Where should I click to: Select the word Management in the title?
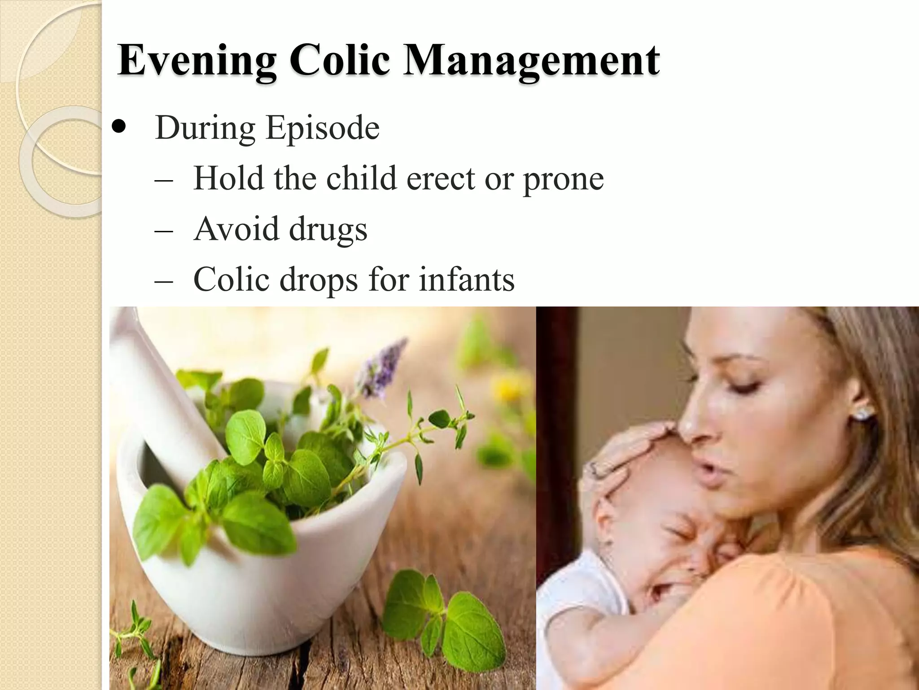click(531, 61)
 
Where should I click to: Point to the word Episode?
click(323, 128)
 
